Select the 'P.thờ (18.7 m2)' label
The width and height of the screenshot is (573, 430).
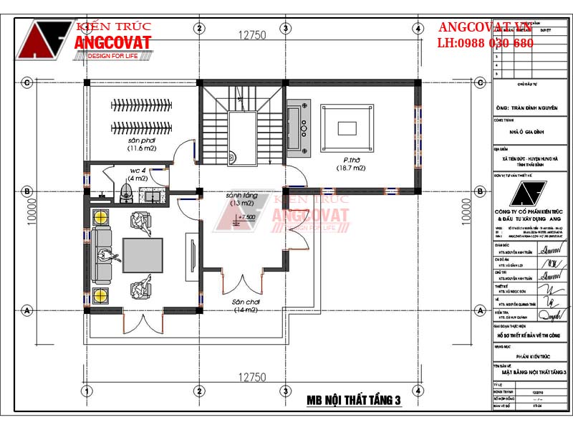tap(351, 164)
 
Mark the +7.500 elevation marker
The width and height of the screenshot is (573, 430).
tap(245, 216)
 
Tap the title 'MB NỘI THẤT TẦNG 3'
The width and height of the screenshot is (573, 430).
tap(353, 401)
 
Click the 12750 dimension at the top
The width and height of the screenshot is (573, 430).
tap(252, 34)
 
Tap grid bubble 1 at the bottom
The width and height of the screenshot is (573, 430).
tap(86, 391)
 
